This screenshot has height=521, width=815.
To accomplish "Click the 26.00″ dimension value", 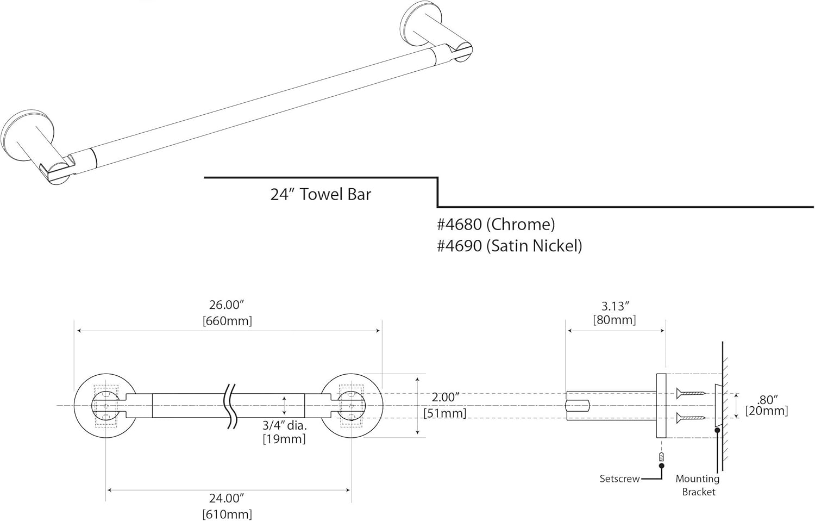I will [227, 306].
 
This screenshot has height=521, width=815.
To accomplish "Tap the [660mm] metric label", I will [227, 321].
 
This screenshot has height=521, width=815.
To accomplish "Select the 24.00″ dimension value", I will [227, 498].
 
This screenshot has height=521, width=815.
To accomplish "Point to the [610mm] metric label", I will [227, 513].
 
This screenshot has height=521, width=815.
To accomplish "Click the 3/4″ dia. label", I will [285, 426].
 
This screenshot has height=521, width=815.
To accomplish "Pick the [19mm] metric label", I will [284, 439].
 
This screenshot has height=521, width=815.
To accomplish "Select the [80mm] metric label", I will [615, 320].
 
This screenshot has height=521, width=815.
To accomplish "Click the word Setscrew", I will [619, 479].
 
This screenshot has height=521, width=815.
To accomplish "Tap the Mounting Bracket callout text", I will [698, 485].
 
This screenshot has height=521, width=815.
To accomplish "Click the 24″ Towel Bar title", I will [321, 195].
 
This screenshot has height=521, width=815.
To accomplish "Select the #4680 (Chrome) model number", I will [496, 224].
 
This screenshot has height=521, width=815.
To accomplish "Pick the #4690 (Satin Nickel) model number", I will [509, 246].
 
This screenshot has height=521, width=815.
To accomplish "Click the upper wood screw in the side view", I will [691, 393].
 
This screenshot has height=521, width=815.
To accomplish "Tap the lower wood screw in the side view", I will [691, 418].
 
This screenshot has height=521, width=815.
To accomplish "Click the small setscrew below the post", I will [661, 456].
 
